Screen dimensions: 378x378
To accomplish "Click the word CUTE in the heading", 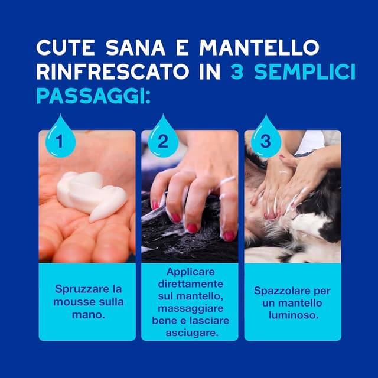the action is [x=66, y=47].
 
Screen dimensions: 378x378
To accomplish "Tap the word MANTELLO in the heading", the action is [x=259, y=47].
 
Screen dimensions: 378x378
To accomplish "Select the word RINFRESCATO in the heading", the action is [x=113, y=71].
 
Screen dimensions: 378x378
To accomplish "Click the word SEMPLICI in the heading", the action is [x=305, y=71].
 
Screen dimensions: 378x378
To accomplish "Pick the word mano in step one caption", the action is [x=89, y=315].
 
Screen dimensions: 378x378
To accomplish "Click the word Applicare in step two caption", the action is [x=190, y=272].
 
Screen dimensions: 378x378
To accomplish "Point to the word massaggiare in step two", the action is [x=190, y=308].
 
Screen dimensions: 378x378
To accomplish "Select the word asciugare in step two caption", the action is [x=192, y=333].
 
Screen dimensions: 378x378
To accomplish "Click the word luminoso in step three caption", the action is [x=294, y=315].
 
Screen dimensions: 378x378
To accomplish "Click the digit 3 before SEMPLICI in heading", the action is [x=237, y=71].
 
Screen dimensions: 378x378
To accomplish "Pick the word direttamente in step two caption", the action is [x=190, y=283].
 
